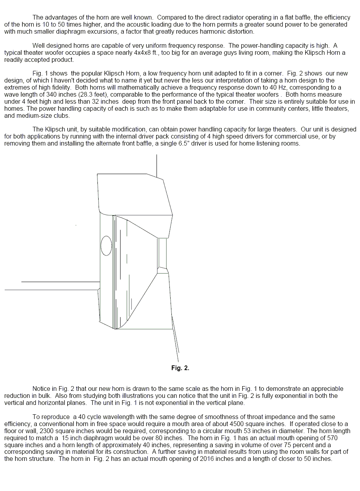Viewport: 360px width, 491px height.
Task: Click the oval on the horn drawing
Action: (x=106, y=246)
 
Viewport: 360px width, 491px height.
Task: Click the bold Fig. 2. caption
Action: (x=180, y=368)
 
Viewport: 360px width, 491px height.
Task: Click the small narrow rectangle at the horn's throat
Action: (x=162, y=252)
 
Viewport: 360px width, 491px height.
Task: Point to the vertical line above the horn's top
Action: (x=157, y=166)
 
